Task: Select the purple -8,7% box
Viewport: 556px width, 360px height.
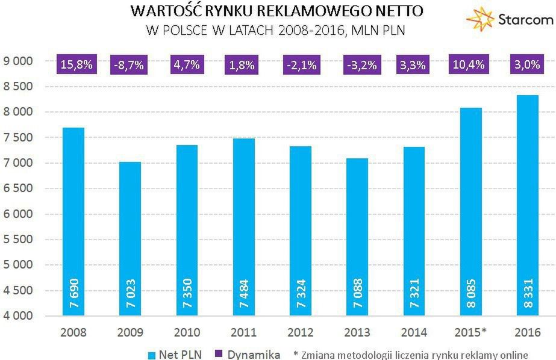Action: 130,65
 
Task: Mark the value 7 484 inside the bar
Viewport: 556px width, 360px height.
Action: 243,295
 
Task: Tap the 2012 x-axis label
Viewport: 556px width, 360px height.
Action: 299,332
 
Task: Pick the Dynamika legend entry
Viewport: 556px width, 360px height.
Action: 247,355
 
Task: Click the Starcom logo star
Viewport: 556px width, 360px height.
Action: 481,19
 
